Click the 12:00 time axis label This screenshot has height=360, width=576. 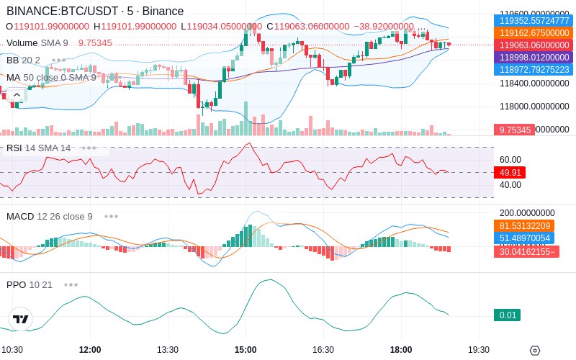click(x=90, y=350)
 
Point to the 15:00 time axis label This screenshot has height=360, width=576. click(x=246, y=350)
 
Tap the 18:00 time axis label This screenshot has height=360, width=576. click(x=401, y=350)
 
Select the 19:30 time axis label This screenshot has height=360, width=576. click(x=479, y=350)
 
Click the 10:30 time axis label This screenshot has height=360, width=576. click(x=12, y=350)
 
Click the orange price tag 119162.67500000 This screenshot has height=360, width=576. click(x=534, y=32)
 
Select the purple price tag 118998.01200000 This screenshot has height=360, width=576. click(x=534, y=57)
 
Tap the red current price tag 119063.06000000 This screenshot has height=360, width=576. click(x=534, y=45)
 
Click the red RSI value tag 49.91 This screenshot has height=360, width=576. click(x=510, y=173)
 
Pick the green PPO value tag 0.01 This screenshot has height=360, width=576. click(x=507, y=315)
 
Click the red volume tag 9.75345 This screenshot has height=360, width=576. click(x=514, y=130)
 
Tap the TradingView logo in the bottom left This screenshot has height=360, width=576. click(x=21, y=319)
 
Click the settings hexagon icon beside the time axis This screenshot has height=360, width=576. click(x=534, y=351)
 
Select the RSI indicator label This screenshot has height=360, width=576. click(x=14, y=148)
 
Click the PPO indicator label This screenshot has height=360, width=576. click(x=16, y=284)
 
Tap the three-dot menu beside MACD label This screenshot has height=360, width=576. click(x=111, y=216)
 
